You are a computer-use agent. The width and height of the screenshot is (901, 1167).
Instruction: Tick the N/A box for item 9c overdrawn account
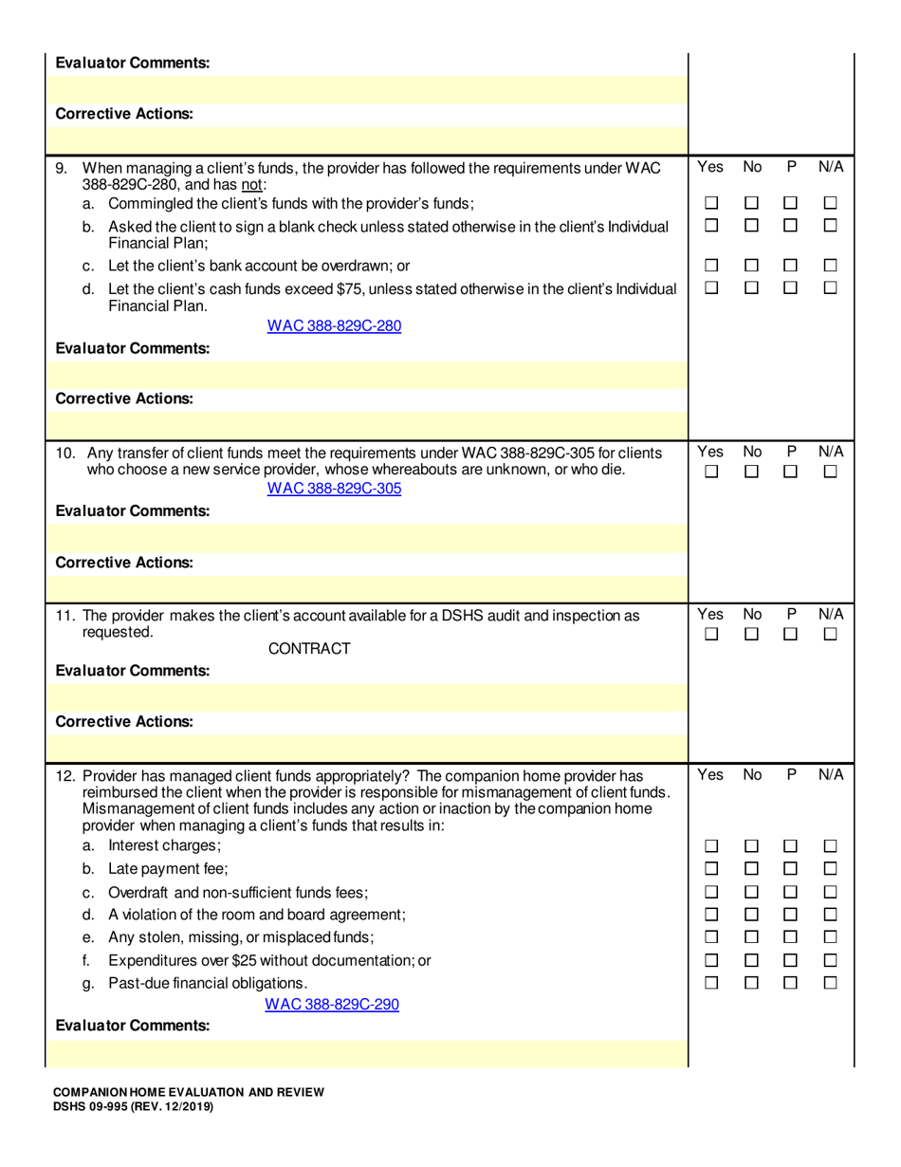(831, 266)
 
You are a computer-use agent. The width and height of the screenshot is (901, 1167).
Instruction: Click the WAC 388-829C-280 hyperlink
(334, 326)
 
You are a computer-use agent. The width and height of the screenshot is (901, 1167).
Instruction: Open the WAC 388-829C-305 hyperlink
(334, 489)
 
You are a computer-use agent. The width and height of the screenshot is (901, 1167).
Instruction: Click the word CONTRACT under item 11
(309, 649)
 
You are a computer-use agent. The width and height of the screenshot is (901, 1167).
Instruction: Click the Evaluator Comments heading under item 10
(133, 510)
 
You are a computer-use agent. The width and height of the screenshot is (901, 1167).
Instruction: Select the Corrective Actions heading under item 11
(125, 721)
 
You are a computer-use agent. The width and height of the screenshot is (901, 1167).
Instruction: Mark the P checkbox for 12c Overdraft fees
(791, 892)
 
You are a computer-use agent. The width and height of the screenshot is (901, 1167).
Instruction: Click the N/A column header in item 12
(831, 775)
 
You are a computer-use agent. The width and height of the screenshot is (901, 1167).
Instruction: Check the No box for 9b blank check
(751, 226)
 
